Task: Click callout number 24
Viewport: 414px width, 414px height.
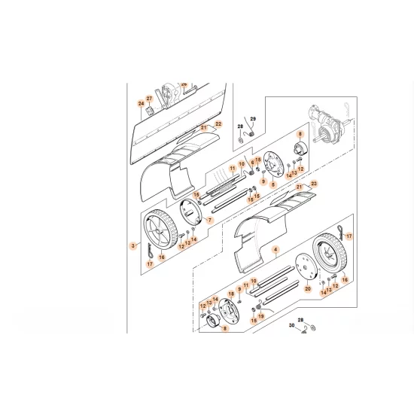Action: (x=140, y=103)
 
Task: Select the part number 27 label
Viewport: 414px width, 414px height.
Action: (x=149, y=99)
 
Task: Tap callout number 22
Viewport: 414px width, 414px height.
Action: (x=219, y=123)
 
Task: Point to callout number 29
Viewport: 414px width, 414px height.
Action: (x=253, y=120)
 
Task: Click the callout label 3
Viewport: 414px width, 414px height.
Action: (x=133, y=246)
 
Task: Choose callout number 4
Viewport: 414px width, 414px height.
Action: (x=275, y=248)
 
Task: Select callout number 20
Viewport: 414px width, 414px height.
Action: (x=306, y=288)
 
